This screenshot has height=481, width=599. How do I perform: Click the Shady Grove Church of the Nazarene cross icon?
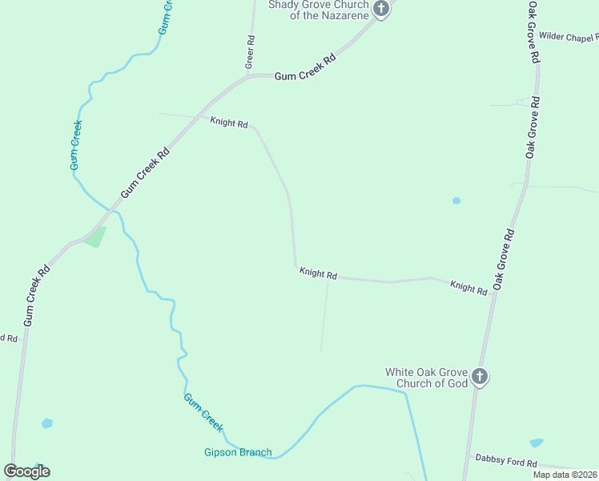click(381, 10)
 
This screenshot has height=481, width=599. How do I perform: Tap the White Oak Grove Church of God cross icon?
click(479, 376)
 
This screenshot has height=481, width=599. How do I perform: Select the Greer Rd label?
click(251, 51)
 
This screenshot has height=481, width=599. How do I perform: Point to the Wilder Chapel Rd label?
click(568, 37)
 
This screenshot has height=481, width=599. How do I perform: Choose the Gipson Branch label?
click(238, 452)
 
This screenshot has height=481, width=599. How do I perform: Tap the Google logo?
click(26, 471)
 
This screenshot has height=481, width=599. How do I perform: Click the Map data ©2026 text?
click(565, 475)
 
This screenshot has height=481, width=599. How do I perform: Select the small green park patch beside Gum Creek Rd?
click(95, 237)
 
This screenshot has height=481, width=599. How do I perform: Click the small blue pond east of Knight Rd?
click(456, 200)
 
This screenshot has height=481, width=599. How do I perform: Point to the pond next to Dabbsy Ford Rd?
click(536, 443)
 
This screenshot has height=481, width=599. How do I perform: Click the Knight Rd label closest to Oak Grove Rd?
click(468, 288)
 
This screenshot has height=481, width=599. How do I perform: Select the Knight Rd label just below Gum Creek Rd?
click(229, 123)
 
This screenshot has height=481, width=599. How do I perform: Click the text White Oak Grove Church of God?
click(426, 378)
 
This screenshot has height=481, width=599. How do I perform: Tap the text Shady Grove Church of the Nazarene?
click(318, 10)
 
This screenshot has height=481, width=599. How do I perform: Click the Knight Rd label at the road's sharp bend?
click(318, 273)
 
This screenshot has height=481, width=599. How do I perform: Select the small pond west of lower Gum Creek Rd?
click(46, 422)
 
